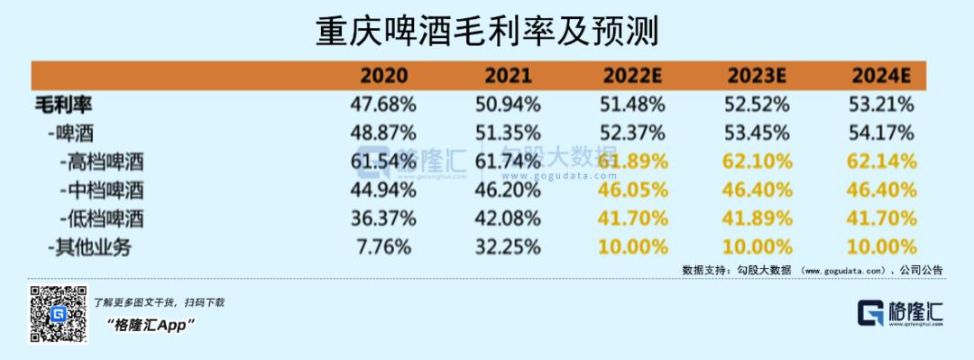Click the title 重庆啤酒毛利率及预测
tap(486, 31)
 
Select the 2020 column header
tap(384, 76)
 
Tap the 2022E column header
tap(632, 76)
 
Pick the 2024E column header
tap(881, 76)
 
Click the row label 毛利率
tap(63, 105)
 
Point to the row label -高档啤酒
tap(102, 162)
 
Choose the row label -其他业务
tap(89, 247)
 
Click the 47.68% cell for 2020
tap(383, 105)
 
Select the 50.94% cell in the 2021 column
tap(507, 105)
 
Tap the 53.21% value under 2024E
tap(881, 105)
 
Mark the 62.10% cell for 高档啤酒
tap(758, 162)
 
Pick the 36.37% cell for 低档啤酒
tap(383, 219)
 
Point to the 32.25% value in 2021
tap(507, 247)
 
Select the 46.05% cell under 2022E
tap(633, 190)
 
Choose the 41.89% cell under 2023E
tap(758, 219)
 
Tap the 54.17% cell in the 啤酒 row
tap(881, 133)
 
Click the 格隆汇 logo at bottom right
tap(900, 313)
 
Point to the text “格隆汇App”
tap(152, 325)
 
